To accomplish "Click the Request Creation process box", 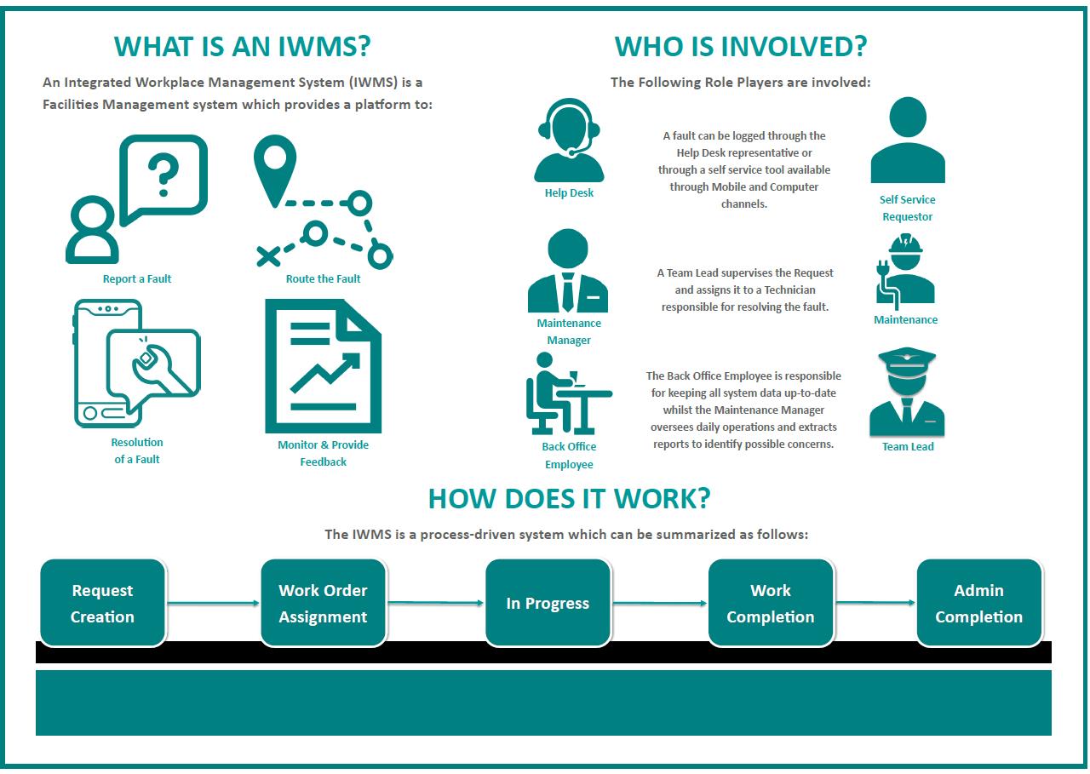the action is point(103,603).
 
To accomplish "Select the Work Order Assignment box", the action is point(323,603).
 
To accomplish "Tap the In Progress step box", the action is point(548,603).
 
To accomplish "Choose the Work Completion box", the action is point(771,603).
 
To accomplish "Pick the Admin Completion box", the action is point(979,603).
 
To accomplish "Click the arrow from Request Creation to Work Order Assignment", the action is point(213,603).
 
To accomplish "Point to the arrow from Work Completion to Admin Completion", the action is point(875,603).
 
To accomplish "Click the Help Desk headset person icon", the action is point(569,140).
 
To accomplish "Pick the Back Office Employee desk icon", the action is point(568,393).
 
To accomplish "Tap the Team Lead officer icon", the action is point(907,392).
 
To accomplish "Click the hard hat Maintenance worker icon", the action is point(905,272).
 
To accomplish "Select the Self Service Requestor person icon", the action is point(908,140).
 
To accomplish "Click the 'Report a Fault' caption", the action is point(137,278).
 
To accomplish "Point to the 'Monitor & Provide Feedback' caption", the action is point(323,453).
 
